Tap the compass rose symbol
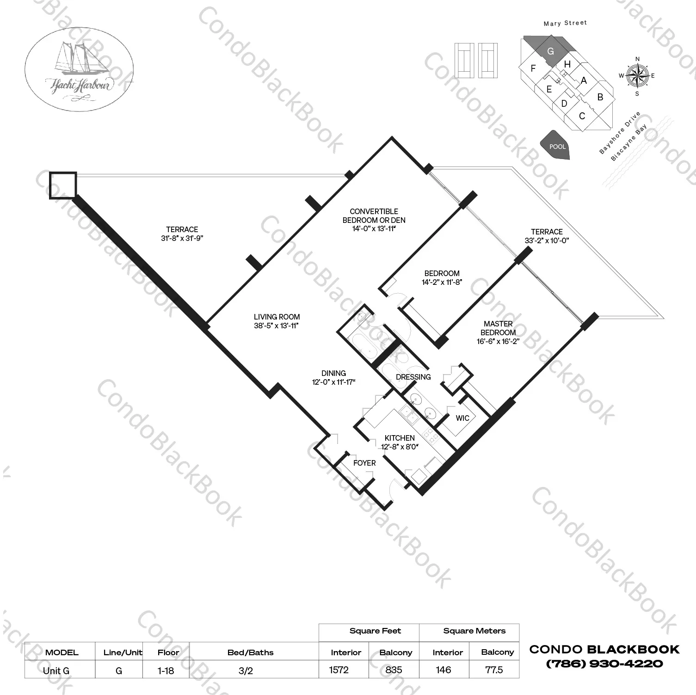tap(637, 76)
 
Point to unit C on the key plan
tap(582, 116)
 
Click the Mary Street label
tap(565, 23)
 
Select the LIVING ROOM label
tap(277, 317)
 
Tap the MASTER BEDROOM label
tap(498, 328)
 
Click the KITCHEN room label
tap(400, 437)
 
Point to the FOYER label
tap(364, 463)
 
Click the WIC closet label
tap(462, 418)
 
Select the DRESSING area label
tap(413, 377)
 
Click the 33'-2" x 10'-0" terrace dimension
tap(546, 240)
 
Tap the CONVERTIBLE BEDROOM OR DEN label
tap(374, 215)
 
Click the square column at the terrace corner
tap(62, 185)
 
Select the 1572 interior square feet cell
tap(339, 670)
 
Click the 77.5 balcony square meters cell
tap(494, 670)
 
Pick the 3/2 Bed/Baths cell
tap(246, 670)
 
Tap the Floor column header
tap(168, 652)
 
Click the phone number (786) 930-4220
tap(604, 664)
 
